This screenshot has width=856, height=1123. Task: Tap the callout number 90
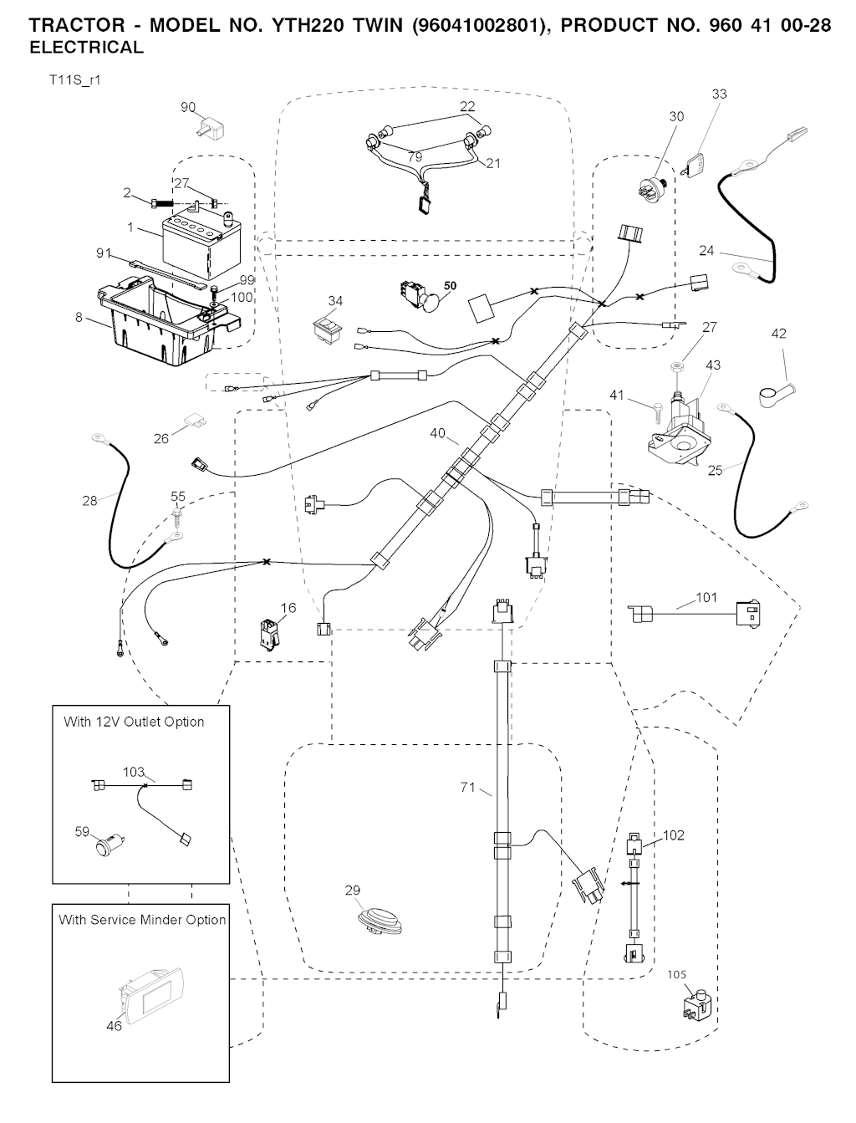[x=188, y=107]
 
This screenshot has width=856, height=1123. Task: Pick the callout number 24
[x=707, y=250]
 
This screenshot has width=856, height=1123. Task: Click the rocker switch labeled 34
[x=328, y=327]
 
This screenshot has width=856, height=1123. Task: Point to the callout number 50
[x=450, y=286]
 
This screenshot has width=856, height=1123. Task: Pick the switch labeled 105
[x=696, y=1003]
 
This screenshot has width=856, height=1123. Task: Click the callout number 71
[x=468, y=788]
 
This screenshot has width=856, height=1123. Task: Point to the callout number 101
[x=706, y=598]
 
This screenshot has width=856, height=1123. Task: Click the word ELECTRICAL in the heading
[x=86, y=48]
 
